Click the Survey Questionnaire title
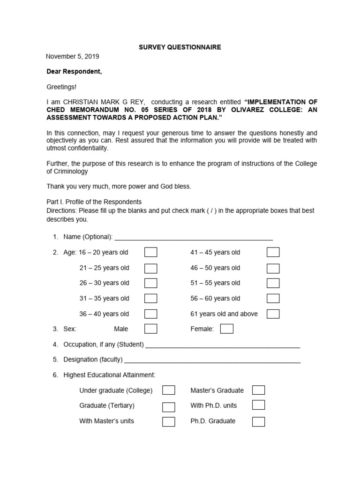(x=180, y=47)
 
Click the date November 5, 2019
(x=72, y=56)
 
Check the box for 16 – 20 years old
(x=150, y=253)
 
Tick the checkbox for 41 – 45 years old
(x=273, y=253)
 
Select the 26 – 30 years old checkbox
(x=150, y=283)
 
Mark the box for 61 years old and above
(x=273, y=314)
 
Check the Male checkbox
(x=150, y=329)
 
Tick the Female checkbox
(x=226, y=329)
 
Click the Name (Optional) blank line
(x=193, y=238)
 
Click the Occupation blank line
(x=223, y=345)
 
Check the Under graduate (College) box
(x=169, y=390)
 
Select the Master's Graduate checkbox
(x=258, y=390)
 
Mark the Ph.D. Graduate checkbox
(x=258, y=421)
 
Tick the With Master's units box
(x=169, y=421)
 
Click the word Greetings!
(x=61, y=87)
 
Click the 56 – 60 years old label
(x=215, y=298)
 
